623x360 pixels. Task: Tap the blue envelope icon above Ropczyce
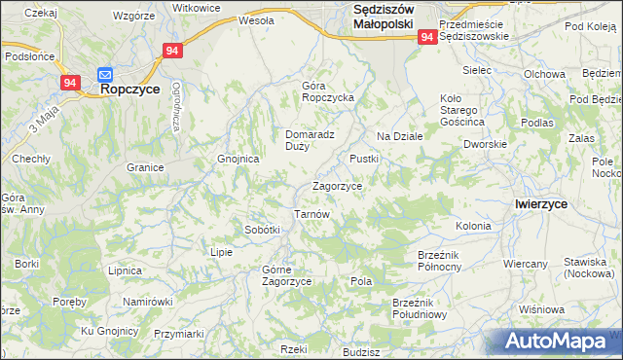pos(106,72)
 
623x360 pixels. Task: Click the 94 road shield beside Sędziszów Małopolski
pos(427,36)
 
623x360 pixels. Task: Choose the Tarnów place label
pos(313,214)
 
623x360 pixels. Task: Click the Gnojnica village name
pos(238,159)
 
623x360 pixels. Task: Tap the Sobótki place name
pos(262,230)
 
